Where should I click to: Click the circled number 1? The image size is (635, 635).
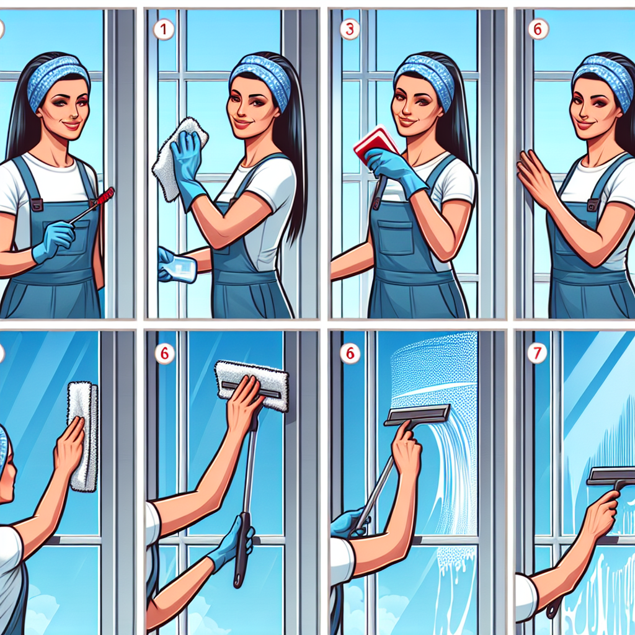(x=164, y=29)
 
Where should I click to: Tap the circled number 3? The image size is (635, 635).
(x=350, y=29)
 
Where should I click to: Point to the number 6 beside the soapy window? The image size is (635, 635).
(x=350, y=354)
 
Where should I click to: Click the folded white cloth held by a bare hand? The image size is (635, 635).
(x=83, y=434)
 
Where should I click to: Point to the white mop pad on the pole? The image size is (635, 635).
(x=252, y=384)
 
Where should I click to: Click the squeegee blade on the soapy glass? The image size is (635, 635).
(x=417, y=414)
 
